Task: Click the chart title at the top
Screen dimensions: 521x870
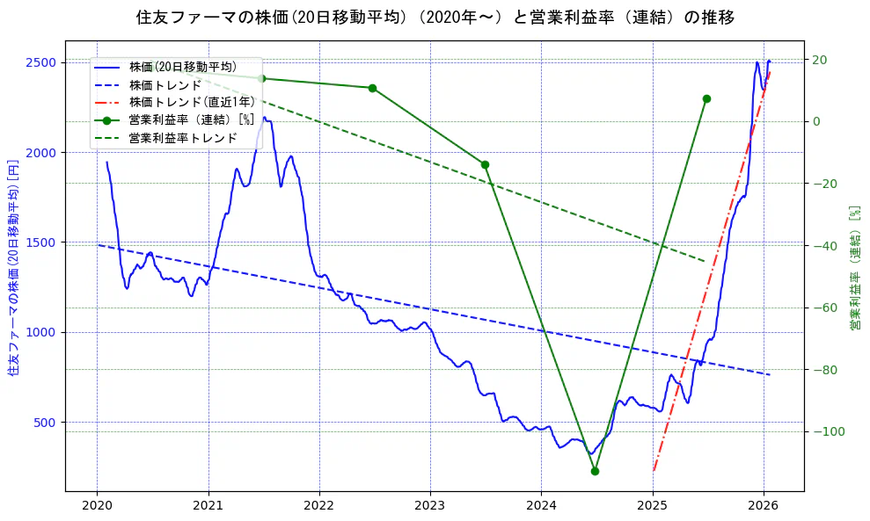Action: coord(435,17)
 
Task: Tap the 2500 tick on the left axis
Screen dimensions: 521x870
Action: coord(42,62)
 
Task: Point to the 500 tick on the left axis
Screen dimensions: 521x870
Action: coord(46,423)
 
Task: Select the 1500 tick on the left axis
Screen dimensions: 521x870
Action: coord(42,242)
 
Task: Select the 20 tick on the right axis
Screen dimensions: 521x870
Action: coord(819,60)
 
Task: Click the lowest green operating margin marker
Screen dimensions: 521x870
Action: coord(595,471)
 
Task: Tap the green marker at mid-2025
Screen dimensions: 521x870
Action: coord(706,98)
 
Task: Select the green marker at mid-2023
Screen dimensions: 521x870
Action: coord(485,164)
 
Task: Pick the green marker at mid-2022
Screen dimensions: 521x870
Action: coord(372,88)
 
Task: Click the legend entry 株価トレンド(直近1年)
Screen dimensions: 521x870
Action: coord(192,102)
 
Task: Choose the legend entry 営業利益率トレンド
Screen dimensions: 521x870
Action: coord(183,138)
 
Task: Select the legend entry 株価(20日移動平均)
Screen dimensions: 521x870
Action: coord(182,67)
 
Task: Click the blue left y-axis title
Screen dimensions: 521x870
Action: coord(13,267)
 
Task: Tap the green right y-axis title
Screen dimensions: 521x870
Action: coord(854,268)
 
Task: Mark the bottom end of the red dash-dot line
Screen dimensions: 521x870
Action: coord(654,471)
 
